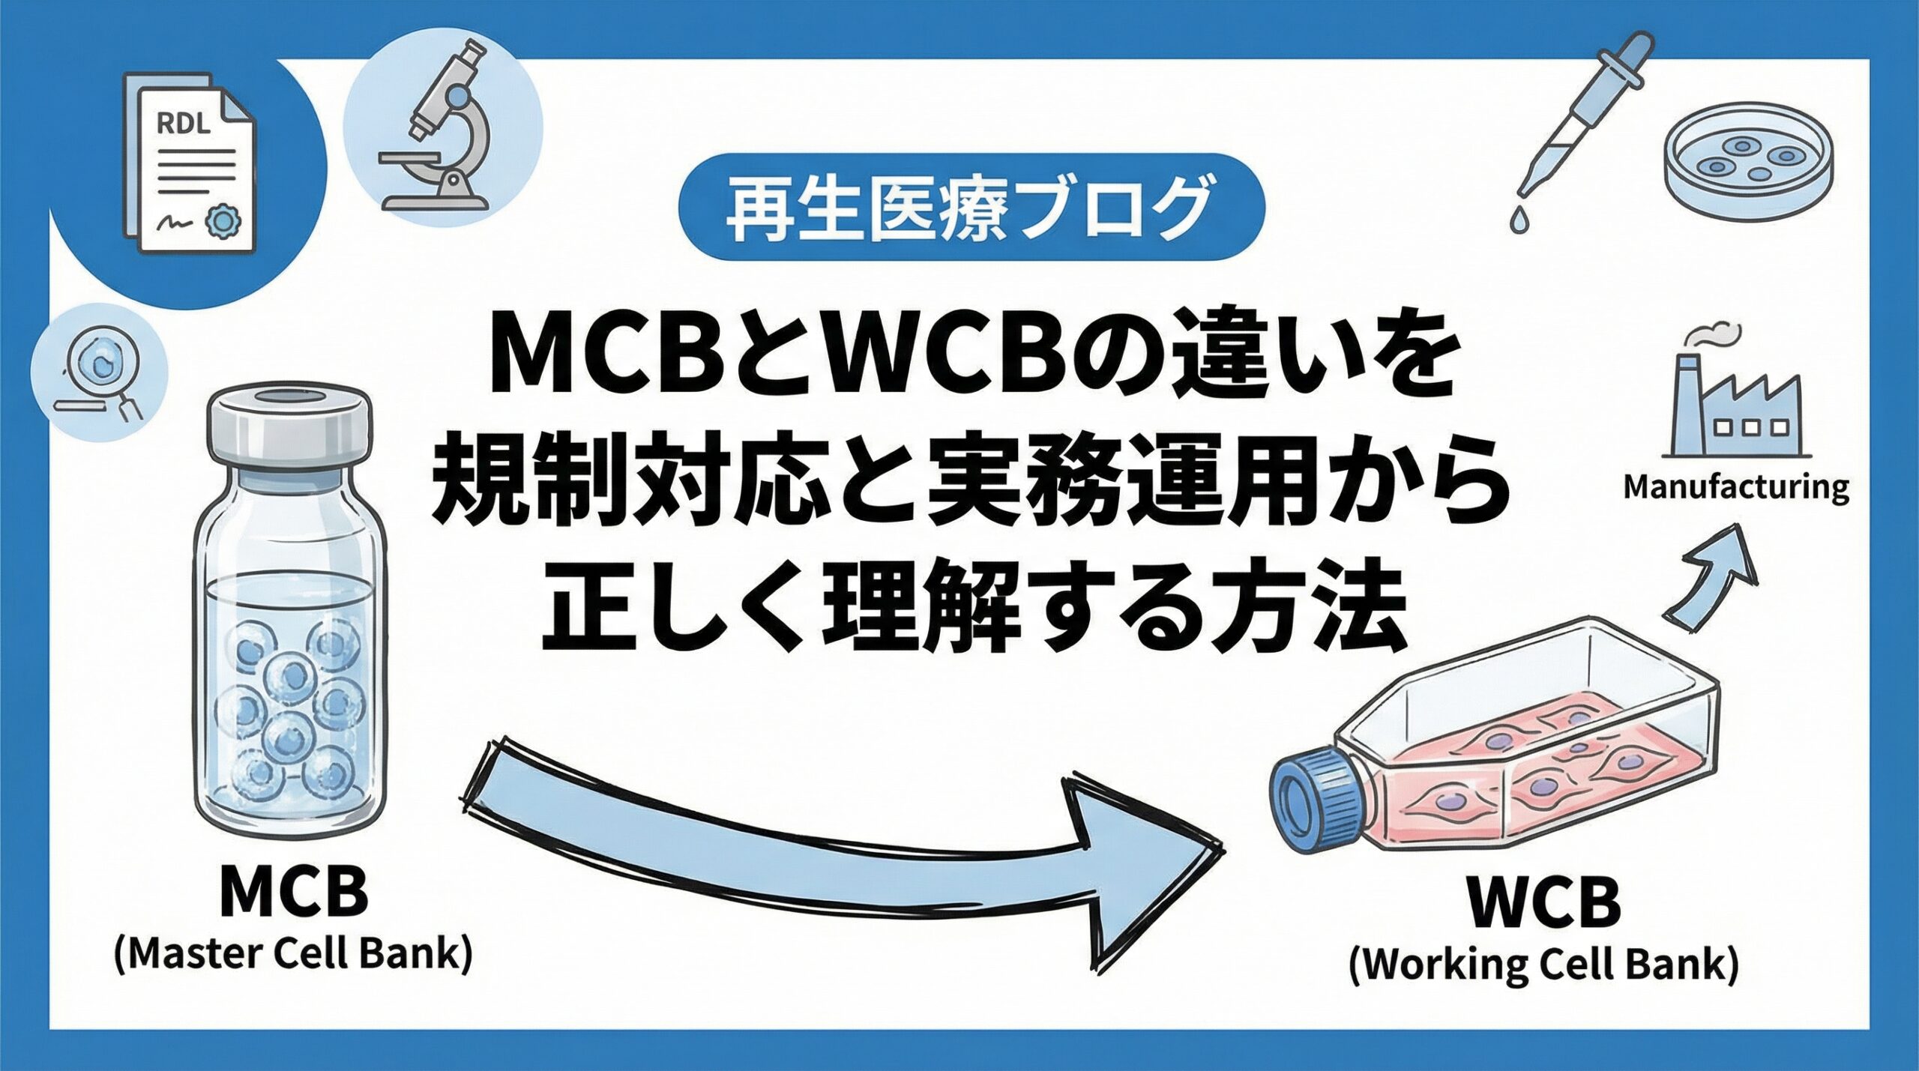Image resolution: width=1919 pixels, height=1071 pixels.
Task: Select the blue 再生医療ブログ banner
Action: click(971, 206)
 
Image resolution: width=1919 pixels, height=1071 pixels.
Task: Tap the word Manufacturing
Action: click(1736, 487)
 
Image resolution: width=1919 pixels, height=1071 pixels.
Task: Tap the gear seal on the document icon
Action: click(220, 219)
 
